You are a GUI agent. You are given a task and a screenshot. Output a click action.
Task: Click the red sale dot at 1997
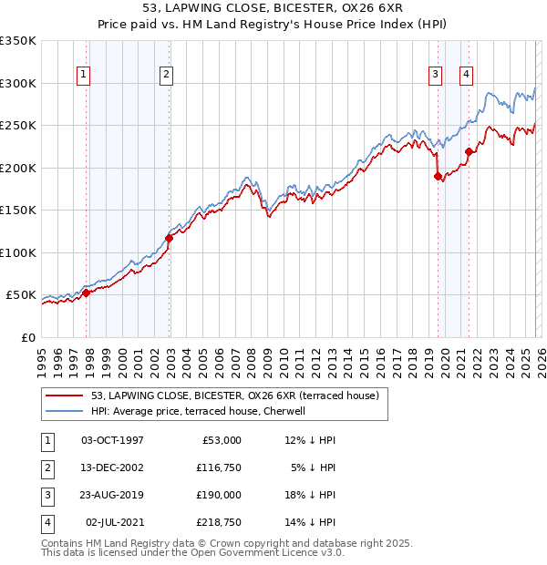[87, 293]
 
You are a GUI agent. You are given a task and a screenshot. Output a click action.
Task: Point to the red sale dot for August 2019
[438, 176]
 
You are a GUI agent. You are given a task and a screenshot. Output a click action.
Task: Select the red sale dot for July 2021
[468, 152]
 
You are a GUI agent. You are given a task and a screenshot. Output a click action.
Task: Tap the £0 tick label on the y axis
[28, 337]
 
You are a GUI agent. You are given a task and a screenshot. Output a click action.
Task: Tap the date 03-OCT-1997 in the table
[112, 440]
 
